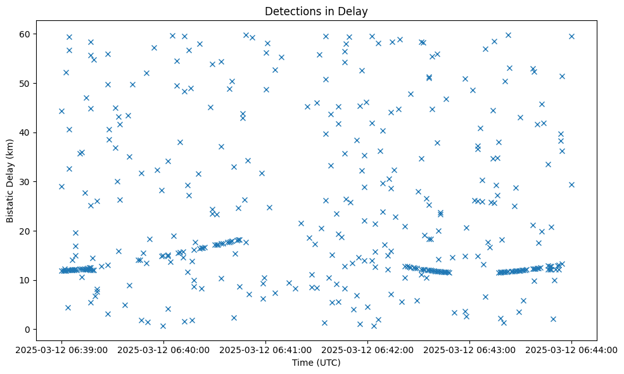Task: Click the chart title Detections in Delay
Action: click(x=316, y=11)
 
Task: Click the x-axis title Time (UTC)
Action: click(x=316, y=363)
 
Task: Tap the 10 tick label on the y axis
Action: click(x=27, y=280)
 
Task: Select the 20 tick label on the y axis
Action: click(x=27, y=231)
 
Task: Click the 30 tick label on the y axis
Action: click(x=27, y=182)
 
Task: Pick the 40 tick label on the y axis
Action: click(x=27, y=132)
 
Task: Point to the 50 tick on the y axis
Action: click(x=27, y=83)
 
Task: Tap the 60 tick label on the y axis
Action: click(x=27, y=34)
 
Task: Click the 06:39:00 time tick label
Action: click(x=61, y=350)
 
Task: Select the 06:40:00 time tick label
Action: click(x=163, y=350)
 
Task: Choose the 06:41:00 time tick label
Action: click(x=265, y=350)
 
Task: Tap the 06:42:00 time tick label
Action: click(x=367, y=350)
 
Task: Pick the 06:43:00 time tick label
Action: click(x=469, y=350)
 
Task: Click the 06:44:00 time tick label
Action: click(x=571, y=350)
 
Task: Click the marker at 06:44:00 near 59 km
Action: click(x=571, y=36)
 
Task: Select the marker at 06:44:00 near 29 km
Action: click(x=571, y=184)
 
